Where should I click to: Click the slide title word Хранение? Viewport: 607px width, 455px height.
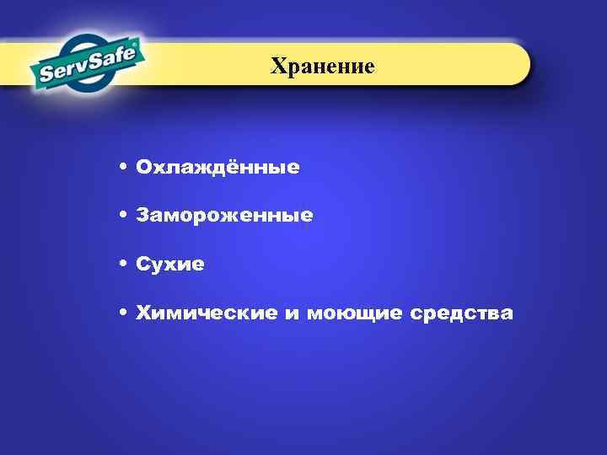323,65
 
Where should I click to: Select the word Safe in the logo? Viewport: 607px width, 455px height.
116,60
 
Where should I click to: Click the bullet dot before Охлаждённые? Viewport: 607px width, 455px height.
123,167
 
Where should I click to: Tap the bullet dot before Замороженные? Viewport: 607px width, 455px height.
123,216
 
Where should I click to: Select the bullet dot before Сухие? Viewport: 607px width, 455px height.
123,265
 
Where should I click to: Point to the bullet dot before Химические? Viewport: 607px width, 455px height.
123,313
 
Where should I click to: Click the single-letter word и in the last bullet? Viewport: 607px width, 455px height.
292,314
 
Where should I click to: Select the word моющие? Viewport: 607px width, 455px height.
354,314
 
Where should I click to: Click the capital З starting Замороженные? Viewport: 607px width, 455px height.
142,217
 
